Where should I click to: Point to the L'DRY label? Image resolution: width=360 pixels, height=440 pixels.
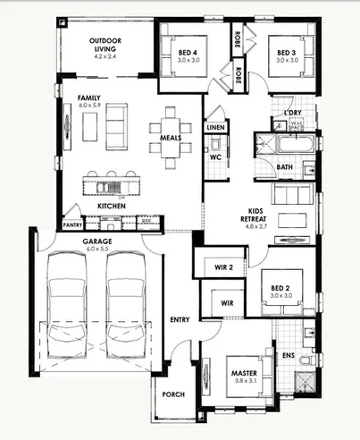(293, 112)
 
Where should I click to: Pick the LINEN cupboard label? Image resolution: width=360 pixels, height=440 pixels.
(215, 129)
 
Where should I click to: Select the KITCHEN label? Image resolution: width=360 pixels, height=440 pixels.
(112, 206)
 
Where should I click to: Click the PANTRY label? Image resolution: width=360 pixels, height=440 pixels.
(72, 225)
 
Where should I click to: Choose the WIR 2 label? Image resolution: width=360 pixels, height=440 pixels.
(224, 267)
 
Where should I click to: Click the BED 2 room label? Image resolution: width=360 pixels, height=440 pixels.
(282, 288)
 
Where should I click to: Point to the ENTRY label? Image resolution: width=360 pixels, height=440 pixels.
(180, 319)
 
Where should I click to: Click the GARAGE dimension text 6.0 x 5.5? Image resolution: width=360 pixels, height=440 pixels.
(96, 250)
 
